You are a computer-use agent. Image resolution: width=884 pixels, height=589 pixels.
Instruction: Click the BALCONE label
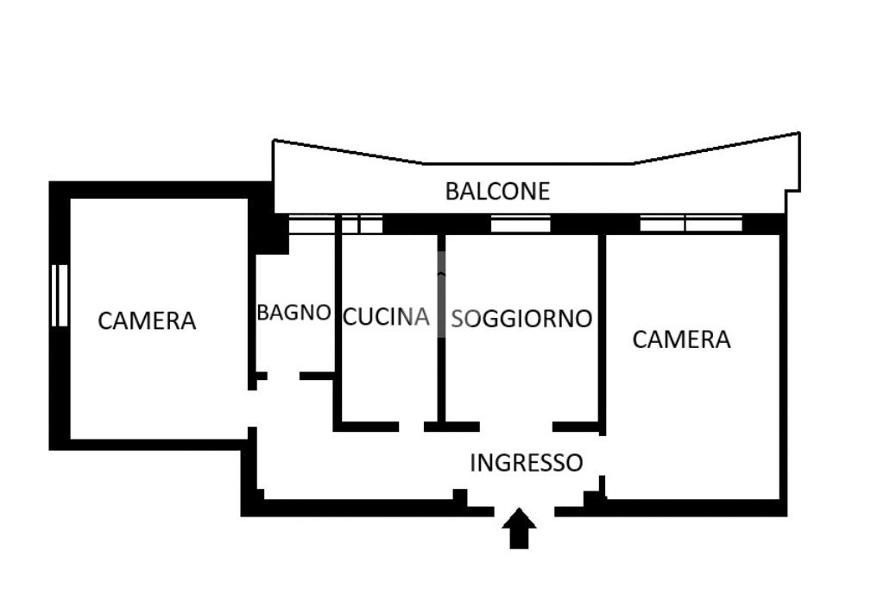point(497,191)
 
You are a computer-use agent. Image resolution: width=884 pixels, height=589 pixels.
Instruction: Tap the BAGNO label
point(294,313)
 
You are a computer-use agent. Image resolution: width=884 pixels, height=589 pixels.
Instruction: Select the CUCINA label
point(386,317)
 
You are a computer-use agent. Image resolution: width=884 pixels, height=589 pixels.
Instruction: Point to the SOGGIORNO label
point(522,319)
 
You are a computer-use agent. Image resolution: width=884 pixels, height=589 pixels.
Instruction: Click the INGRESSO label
point(526,463)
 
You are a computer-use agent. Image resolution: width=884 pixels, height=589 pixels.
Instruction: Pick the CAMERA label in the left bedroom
point(147,321)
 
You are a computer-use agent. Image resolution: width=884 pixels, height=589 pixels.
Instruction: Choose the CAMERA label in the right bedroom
point(681,339)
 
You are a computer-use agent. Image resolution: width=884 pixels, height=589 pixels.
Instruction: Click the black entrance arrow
point(519,528)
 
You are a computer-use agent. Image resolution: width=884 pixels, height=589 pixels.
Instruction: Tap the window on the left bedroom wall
point(60,295)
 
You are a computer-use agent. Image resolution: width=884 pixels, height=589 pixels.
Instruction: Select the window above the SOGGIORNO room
point(521,225)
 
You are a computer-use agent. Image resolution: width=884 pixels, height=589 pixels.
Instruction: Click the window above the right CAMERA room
point(691,224)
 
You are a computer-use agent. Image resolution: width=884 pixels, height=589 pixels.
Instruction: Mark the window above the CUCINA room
point(362,225)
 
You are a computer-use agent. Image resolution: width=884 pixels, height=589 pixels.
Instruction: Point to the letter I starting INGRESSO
point(473,463)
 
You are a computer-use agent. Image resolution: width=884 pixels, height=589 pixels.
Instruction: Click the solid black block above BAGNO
point(269,229)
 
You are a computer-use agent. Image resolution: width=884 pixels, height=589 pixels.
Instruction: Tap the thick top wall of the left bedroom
point(155,189)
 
